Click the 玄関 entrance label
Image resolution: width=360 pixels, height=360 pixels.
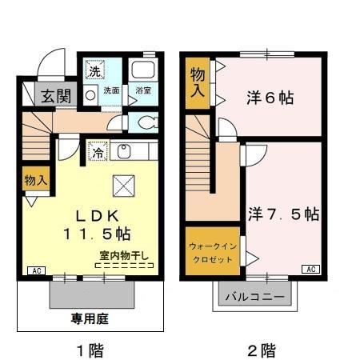(x=55, y=96)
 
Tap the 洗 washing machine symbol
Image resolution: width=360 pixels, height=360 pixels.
(x=94, y=70)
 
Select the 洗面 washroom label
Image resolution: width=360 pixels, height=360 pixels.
(x=111, y=90)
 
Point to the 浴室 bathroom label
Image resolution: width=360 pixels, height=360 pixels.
(x=143, y=90)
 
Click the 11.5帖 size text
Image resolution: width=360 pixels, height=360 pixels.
(x=98, y=234)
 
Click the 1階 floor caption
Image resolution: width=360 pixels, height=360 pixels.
(x=88, y=350)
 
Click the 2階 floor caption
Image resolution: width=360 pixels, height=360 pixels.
(x=262, y=350)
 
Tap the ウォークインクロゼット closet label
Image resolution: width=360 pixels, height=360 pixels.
(x=212, y=253)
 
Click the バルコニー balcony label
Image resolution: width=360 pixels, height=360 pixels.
(x=254, y=298)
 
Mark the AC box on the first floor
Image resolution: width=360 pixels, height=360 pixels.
(x=36, y=270)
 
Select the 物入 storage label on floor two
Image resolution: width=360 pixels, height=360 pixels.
(x=197, y=83)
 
